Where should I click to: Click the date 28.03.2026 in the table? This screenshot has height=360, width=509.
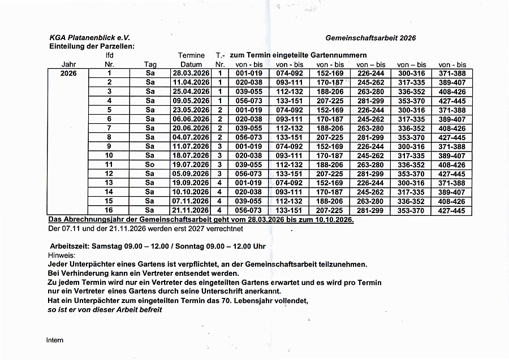[191, 73]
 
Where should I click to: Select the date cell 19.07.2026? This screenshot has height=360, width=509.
[191, 164]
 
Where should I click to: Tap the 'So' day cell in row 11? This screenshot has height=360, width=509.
[150, 164]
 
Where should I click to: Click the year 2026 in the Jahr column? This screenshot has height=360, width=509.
[69, 73]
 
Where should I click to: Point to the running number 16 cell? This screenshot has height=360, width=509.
[109, 210]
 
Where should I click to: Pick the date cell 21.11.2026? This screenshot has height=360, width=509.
[191, 210]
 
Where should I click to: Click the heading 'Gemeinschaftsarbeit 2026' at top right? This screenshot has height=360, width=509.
[370, 38]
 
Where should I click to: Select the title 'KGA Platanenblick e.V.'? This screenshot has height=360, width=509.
[90, 38]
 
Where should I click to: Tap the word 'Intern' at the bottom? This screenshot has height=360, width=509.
[55, 340]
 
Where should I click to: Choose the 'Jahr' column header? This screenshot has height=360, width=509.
[69, 65]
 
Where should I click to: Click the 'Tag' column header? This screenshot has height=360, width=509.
[150, 65]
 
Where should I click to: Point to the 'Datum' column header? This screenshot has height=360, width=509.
[191, 65]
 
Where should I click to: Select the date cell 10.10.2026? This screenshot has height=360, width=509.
[191, 192]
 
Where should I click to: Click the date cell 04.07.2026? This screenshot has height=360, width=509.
[191, 137]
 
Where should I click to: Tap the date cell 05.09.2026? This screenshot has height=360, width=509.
[191, 174]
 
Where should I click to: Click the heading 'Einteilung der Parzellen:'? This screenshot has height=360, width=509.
[92, 46]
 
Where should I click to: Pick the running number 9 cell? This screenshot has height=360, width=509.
[109, 146]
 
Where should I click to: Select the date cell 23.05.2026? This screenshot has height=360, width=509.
[191, 110]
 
